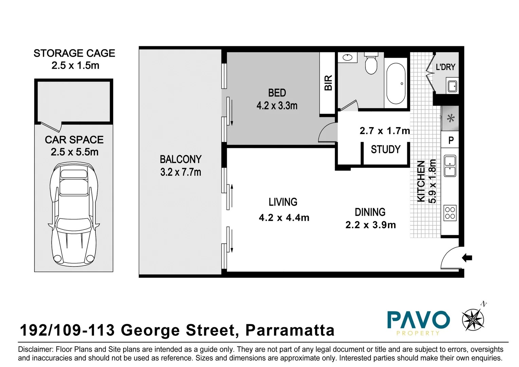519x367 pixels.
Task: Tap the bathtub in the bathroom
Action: pos(396,83)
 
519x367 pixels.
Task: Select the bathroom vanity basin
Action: pos(347,57)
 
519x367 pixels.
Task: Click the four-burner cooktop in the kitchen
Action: pos(450,213)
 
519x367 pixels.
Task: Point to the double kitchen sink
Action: pos(450,166)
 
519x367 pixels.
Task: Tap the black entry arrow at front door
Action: pos(467,258)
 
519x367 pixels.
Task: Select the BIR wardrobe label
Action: pos(328,83)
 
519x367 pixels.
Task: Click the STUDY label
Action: pos(386,150)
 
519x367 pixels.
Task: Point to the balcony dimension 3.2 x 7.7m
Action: pos(181,172)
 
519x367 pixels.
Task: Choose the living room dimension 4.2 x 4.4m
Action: pos(284,217)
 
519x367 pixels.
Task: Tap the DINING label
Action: pos(370,212)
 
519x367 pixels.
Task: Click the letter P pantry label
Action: pos(451,140)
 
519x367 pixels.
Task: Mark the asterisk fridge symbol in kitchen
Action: pos(450,119)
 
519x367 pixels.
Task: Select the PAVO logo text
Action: pos(418,320)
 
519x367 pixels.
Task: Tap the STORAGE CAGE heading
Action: pos(74,53)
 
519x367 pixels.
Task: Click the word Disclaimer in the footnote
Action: pos(35,349)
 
